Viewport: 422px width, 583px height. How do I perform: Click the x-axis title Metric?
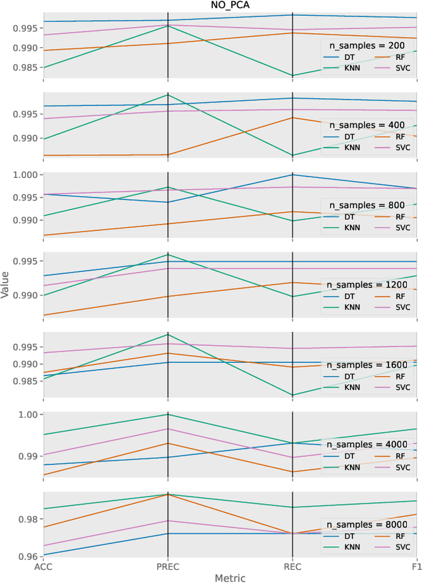click(x=229, y=578)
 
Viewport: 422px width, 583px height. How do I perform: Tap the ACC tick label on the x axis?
click(x=44, y=566)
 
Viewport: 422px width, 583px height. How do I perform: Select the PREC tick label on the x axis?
click(x=167, y=566)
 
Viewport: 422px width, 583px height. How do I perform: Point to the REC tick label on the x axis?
click(x=292, y=566)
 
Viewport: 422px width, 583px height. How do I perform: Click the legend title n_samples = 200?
click(x=369, y=45)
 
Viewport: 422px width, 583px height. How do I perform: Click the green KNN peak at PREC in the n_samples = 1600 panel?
click(x=167, y=334)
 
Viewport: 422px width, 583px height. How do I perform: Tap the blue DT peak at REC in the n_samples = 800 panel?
click(x=292, y=175)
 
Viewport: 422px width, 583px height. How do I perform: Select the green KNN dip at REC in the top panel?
click(x=292, y=75)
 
